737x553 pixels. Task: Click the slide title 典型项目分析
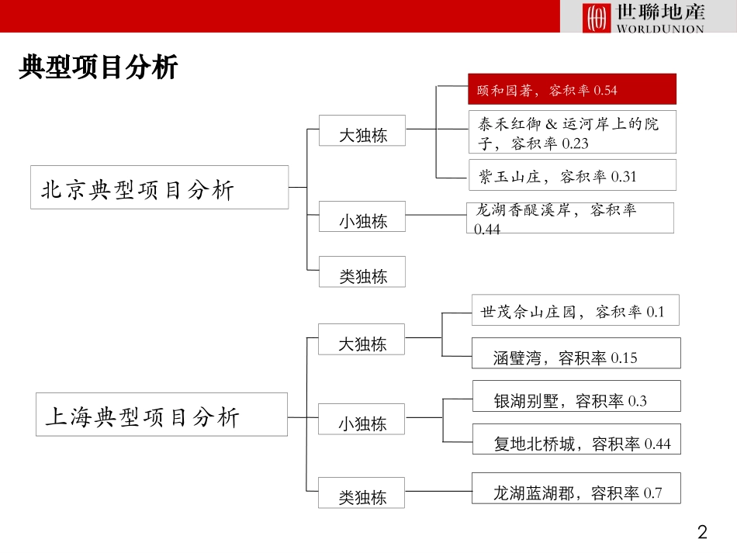[99, 68]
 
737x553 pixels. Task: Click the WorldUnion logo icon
[597, 17]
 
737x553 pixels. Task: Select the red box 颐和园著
[572, 90]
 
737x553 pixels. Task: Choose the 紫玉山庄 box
[572, 176]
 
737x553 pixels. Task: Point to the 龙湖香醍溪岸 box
[569, 218]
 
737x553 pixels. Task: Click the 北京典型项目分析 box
[159, 188]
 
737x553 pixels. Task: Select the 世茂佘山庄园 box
[575, 310]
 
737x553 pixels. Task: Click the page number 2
[703, 533]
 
